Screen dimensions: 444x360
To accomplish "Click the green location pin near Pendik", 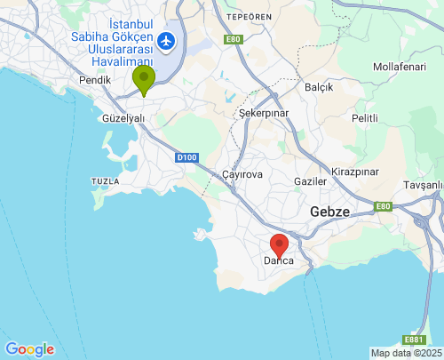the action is point(143,80).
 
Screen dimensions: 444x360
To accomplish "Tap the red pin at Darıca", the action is point(279,245).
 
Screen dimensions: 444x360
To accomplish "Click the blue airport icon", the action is point(166,41).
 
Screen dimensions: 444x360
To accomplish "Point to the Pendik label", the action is point(95,80).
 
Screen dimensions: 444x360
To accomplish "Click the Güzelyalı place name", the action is point(123,117).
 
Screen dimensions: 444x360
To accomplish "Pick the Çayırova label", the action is point(242,174).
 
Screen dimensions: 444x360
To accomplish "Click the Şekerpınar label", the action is point(264,114).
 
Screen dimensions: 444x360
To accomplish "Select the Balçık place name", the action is point(319,87).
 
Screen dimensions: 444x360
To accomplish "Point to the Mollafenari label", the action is point(400,67).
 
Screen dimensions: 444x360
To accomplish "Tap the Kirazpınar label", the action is point(355,170).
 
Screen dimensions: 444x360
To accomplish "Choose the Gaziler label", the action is point(310,181).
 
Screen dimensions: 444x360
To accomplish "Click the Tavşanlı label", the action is point(423,185).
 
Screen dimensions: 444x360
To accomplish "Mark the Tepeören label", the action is point(248,17).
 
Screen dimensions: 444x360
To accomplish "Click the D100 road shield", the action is point(186,157).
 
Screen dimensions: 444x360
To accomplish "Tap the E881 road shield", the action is point(414,340).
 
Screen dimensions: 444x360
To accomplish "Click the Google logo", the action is point(29,349).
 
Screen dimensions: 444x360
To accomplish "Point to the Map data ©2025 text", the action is point(406,353).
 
